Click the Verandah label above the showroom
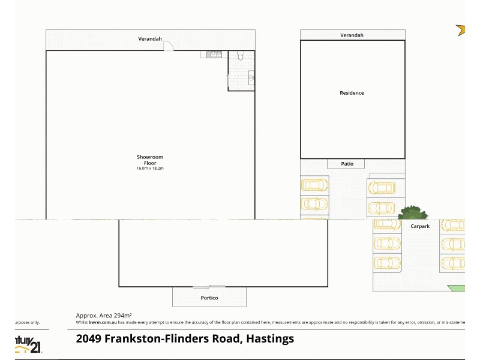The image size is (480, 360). point(150,39)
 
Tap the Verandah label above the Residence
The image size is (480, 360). point(352,35)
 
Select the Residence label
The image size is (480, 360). point(352,93)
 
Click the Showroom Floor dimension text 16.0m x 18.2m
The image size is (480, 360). point(149,168)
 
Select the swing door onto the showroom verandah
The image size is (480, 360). point(169,45)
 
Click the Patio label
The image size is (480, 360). point(347,164)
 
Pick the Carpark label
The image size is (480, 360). point(420,227)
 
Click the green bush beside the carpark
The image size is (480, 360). point(413,212)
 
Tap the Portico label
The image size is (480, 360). point(209,298)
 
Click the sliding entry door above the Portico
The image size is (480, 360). point(209,286)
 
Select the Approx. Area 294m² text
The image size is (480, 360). point(104,315)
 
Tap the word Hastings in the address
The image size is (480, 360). point(269,338)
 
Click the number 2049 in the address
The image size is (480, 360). point(89,338)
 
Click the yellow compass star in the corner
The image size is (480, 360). point(461,29)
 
